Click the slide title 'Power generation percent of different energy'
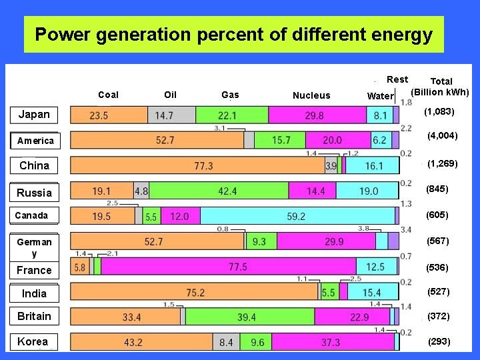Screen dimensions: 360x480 233,35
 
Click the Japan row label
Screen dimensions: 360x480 34,114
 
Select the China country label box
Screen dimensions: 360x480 34,165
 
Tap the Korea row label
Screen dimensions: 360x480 33,341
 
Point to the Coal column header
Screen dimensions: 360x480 108,95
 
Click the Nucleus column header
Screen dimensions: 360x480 311,95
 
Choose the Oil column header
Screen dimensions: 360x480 170,95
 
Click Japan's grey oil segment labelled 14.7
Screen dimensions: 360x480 164,115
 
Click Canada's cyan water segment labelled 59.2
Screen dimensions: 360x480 296,216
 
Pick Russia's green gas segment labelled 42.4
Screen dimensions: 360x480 227,191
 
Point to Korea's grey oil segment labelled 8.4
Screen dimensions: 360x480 225,342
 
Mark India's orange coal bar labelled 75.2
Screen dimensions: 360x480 195,292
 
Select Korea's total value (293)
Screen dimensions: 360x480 439,341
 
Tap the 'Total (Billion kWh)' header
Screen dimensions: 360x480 440,87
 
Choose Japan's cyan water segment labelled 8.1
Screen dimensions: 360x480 379,115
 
